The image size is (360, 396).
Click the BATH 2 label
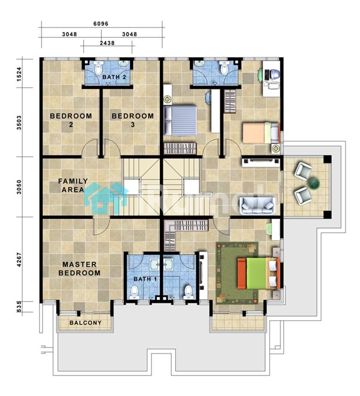pos(114,77)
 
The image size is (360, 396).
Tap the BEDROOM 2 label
pos(71,120)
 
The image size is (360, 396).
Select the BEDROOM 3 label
pos(133,120)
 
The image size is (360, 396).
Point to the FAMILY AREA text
pos(73,185)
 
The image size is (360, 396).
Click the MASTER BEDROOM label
pos(79,269)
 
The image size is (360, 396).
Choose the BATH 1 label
pos(145,279)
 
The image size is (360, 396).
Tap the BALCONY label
pos(86,323)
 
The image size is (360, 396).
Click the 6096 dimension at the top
pos(101,24)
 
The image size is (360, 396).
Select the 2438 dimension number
pos(107,43)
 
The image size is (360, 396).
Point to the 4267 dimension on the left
pos(19,260)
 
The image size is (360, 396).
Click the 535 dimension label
pos(19,306)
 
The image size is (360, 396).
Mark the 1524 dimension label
pos(19,74)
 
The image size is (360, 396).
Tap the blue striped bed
pos(180,120)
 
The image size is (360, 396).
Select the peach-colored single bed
pos(261,133)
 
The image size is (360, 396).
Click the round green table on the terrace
pos(314,183)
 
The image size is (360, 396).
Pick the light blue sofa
pos(257,206)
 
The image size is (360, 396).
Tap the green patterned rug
pos(237,273)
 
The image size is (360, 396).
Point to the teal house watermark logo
pos(106,198)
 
